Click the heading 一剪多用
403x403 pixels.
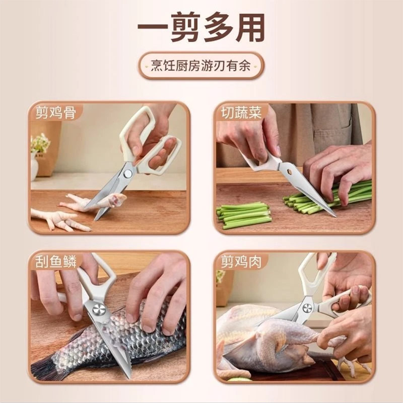[201, 28]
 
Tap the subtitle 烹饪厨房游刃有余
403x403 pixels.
[200, 66]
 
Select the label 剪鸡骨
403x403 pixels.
[56, 112]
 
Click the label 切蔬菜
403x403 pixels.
[241, 112]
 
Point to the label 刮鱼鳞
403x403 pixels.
[56, 261]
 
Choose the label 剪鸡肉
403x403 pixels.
[241, 261]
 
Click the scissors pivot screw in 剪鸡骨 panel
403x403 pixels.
[127, 173]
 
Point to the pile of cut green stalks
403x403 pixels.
[244, 215]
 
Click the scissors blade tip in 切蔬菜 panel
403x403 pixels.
[335, 216]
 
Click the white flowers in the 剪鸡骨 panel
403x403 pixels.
[40, 143]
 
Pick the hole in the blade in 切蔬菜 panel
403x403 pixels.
[291, 171]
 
